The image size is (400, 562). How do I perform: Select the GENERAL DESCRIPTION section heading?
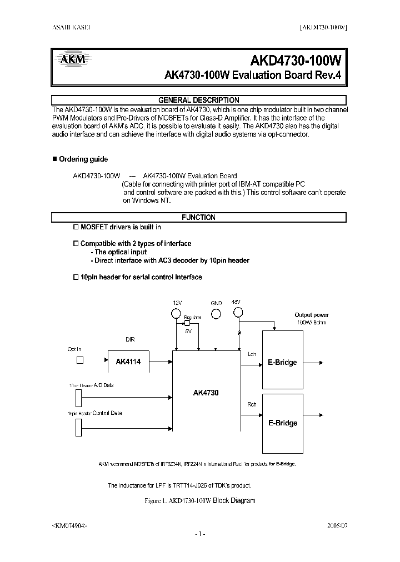198,100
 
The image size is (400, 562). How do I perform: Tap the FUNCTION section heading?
198,218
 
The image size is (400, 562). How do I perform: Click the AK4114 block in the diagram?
128,362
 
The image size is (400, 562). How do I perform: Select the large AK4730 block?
206,392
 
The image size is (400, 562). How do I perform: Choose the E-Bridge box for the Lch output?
282,362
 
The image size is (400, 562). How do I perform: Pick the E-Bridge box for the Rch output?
282,423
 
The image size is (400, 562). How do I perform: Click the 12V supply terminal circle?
177,313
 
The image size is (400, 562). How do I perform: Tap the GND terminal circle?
216,313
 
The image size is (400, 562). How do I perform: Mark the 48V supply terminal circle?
238,313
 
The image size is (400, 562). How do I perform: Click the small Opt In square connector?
79,360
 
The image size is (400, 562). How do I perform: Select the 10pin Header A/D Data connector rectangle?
78,398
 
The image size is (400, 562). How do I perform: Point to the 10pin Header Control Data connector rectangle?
78,428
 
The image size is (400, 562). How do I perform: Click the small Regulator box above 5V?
188,323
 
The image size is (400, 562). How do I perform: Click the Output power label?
311,315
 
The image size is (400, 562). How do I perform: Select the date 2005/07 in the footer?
337,524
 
